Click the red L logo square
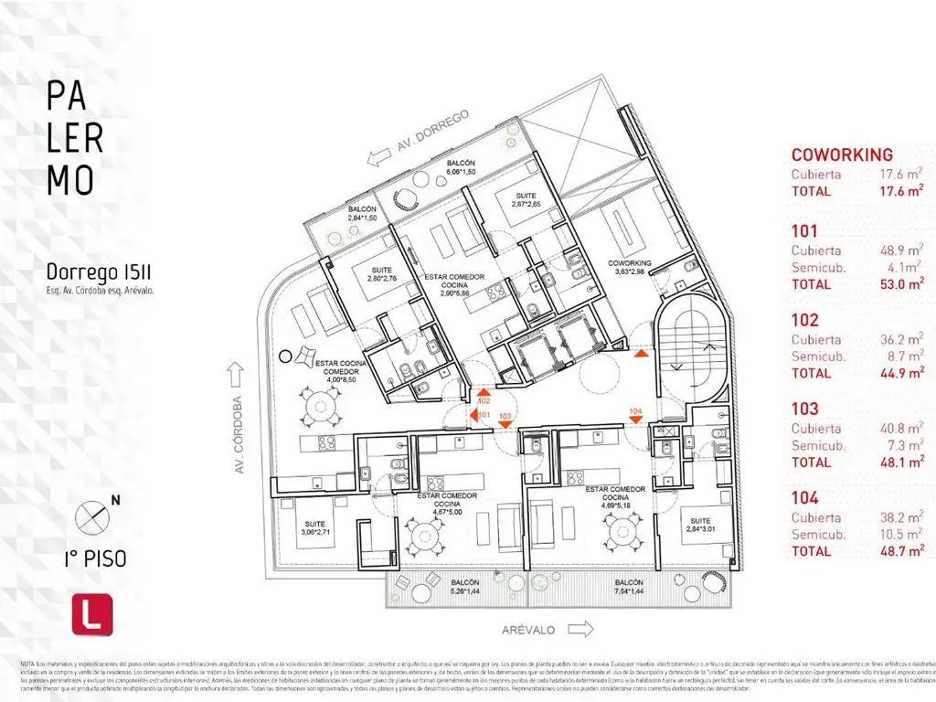pyautogui.click(x=91, y=613)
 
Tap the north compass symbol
pyautogui.click(x=92, y=516)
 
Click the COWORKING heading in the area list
pyautogui.click(x=842, y=154)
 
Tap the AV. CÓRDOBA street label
pyautogui.click(x=239, y=434)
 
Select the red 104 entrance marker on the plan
pyautogui.click(x=636, y=414)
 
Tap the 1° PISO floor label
pyautogui.click(x=96, y=558)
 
